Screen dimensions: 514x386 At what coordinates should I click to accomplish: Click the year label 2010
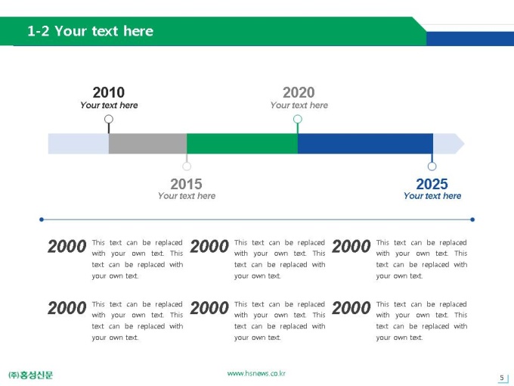(109, 92)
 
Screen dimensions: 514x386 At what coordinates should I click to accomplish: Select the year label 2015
(186, 184)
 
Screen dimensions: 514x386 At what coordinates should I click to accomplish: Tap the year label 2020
(299, 92)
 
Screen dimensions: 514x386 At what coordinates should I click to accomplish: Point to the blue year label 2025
(432, 184)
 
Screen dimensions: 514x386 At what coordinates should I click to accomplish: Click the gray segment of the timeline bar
(147, 144)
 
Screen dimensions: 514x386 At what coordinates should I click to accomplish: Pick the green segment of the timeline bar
(242, 144)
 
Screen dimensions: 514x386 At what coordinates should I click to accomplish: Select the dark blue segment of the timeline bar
(365, 144)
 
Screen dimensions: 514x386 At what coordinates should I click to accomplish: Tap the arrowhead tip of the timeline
(465, 144)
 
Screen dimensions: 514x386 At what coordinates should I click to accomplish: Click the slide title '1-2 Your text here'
(90, 31)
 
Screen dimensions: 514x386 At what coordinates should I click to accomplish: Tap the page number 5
(502, 378)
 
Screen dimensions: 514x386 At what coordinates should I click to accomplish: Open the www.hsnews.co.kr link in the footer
(256, 374)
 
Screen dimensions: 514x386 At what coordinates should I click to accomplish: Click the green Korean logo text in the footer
(30, 375)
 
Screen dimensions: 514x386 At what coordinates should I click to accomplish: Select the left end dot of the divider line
(42, 219)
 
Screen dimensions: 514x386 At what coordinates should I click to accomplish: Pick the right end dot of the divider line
(472, 219)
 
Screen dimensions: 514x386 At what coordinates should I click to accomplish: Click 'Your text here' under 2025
(432, 195)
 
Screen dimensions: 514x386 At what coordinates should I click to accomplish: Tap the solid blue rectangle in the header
(470, 39)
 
